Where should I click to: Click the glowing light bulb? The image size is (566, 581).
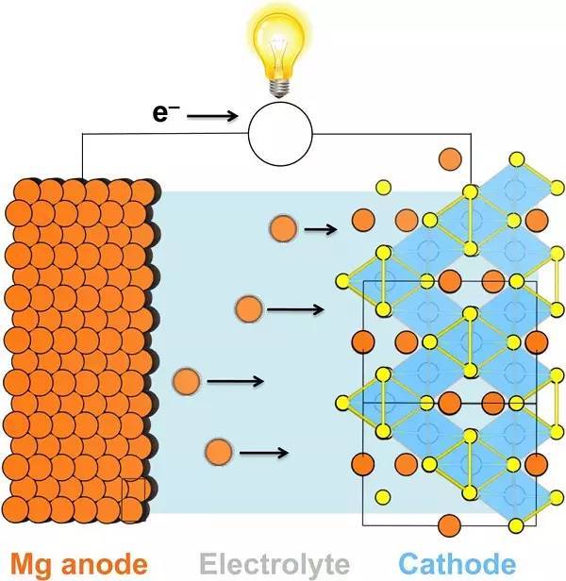[280, 42]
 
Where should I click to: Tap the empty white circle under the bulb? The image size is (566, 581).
[280, 128]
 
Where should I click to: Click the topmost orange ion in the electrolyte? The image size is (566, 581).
[282, 228]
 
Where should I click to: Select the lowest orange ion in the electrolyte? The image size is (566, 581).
[218, 451]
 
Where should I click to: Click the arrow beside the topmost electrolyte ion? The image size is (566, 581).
[320, 228]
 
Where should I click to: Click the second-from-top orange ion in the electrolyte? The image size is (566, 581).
[248, 307]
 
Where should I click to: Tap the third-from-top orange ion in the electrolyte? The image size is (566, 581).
[186, 381]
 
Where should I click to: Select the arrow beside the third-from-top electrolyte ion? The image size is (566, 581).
[235, 381]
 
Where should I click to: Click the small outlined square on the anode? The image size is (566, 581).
[133, 499]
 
